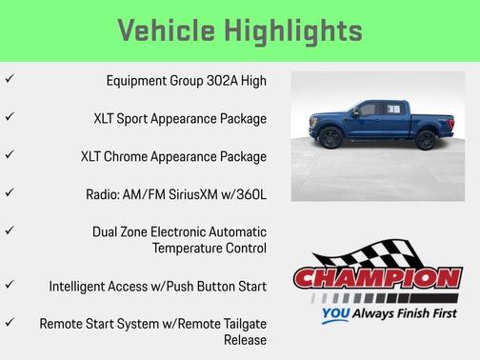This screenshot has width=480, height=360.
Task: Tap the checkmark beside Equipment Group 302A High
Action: pos(9,80)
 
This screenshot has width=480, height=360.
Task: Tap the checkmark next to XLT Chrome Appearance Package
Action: pos(9,154)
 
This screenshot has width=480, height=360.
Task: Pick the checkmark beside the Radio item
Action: pos(9,192)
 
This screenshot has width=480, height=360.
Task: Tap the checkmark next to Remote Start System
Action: pos(9,322)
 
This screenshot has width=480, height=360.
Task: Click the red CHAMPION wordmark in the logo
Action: pos(377,279)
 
